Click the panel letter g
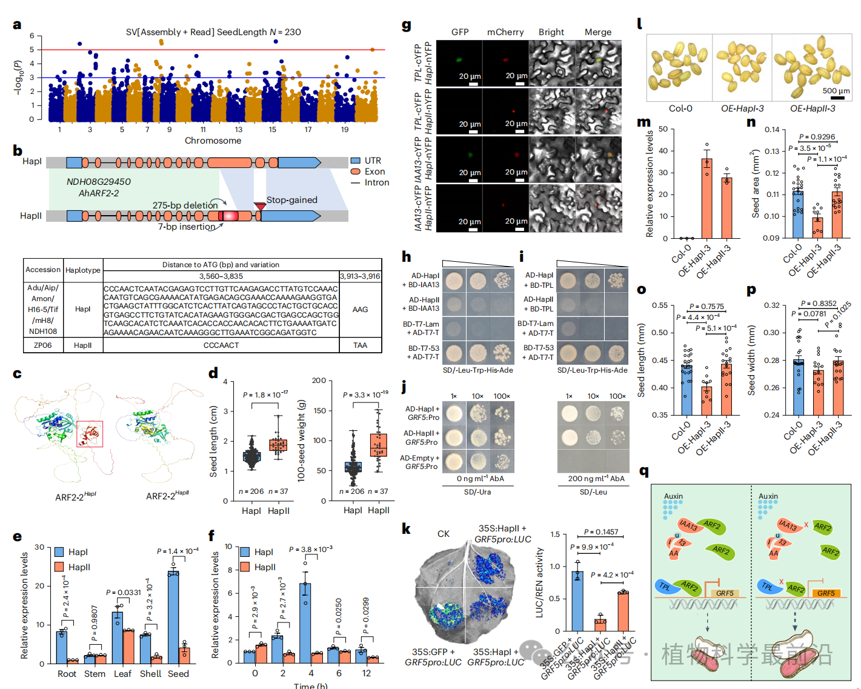406,25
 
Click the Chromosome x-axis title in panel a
213,141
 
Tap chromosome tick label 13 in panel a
239,130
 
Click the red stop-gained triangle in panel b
260,207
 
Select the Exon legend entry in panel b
374,171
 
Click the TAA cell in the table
360,345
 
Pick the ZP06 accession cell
43,345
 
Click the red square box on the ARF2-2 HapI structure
90,434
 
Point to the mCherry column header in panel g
505,32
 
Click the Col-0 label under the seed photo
680,108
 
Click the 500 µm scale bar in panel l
837,96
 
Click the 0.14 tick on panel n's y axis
772,130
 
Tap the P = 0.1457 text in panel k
601,532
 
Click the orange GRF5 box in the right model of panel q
826,593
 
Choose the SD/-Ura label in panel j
477,492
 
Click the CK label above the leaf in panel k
444,534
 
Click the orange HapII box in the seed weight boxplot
379,445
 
